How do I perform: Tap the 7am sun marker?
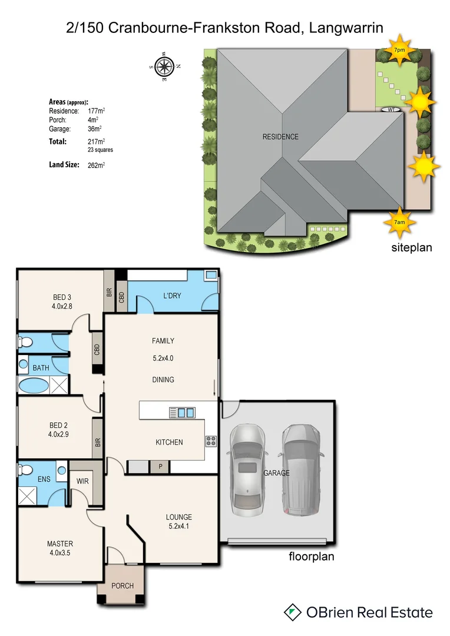click(399, 221)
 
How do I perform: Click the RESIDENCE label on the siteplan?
click(280, 137)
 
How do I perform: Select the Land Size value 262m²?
click(95, 165)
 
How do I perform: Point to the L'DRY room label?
click(172, 296)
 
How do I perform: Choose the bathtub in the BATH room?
click(34, 386)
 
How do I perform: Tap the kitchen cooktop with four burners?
click(211, 440)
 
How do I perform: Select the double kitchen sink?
click(182, 412)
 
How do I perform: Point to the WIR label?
click(82, 481)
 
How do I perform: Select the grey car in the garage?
click(302, 470)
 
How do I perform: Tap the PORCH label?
click(122, 586)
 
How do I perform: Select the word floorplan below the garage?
click(311, 556)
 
